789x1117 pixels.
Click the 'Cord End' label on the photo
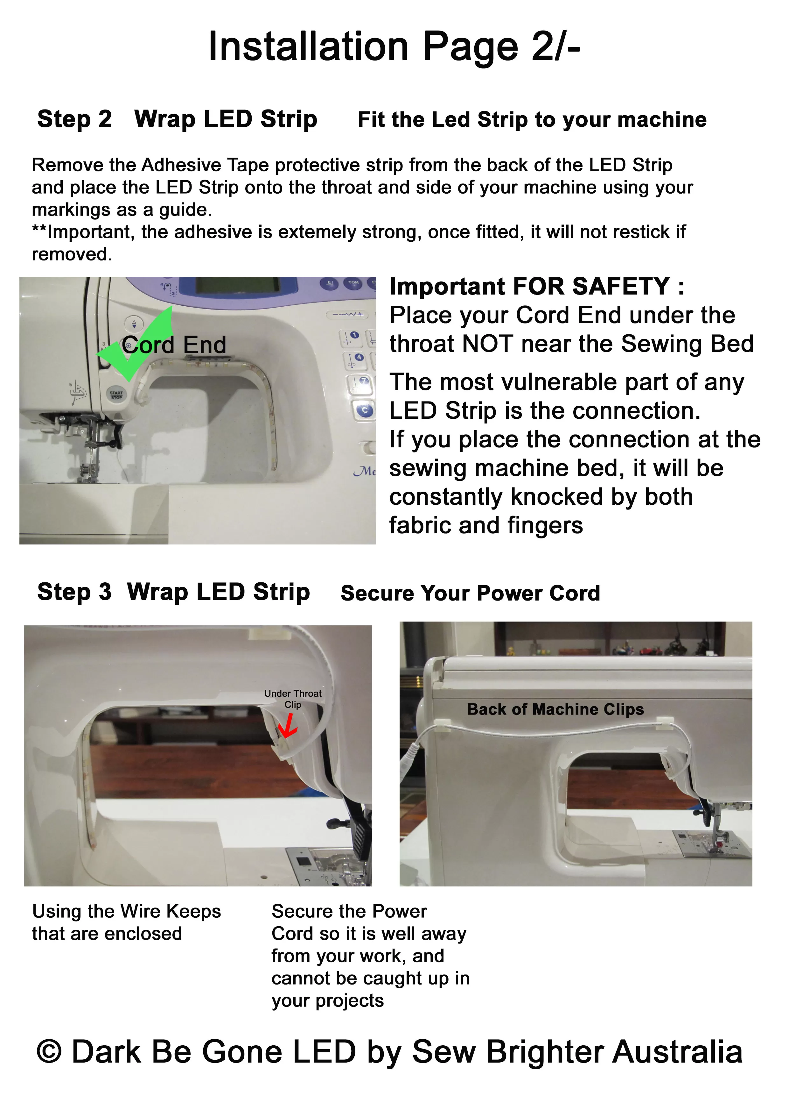174,345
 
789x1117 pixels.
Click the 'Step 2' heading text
74,119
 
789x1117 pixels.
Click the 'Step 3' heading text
74,592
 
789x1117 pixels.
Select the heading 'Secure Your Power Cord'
470,593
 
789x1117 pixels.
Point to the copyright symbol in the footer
49,1051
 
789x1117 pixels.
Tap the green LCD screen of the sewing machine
238,286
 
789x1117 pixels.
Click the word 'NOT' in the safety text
488,344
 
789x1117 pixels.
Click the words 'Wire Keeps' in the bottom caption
171,911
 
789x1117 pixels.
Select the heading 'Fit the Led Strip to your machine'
532,120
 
